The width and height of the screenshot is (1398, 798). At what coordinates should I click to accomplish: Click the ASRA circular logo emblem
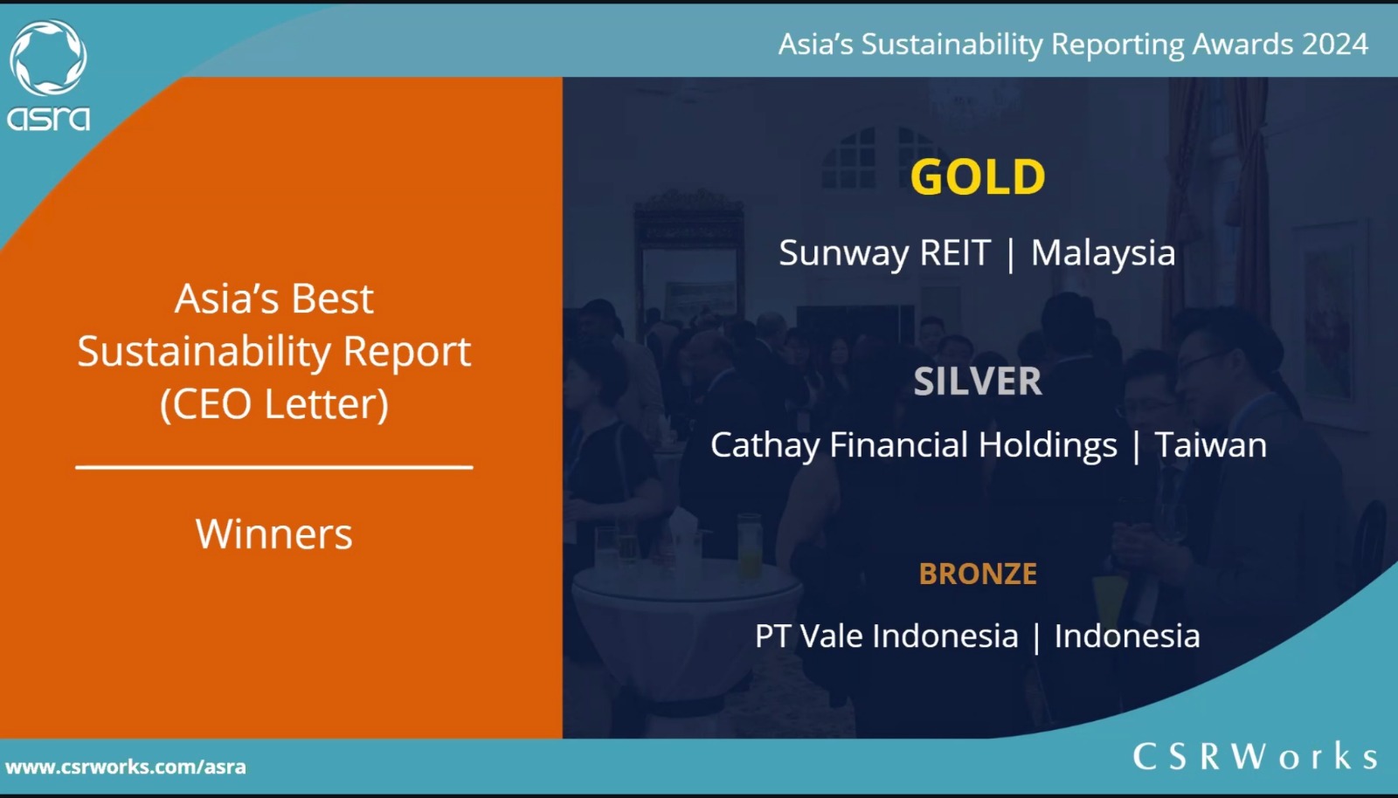(48, 58)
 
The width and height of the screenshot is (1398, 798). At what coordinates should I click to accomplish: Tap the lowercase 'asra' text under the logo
(48, 118)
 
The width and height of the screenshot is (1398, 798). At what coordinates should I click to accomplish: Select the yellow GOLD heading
(978, 177)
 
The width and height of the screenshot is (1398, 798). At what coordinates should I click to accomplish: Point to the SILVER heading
(978, 381)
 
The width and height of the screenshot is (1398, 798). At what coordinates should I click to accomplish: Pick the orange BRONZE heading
(978, 574)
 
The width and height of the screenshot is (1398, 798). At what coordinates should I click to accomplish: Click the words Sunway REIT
(884, 253)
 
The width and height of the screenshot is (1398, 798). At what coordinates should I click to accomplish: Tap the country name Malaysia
(1103, 253)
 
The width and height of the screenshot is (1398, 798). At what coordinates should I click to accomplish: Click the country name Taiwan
(1211, 445)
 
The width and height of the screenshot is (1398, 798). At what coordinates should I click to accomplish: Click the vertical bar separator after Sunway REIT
(1010, 255)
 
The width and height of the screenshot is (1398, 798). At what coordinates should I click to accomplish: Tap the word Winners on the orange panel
(274, 534)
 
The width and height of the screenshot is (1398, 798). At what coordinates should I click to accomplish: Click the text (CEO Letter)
(274, 404)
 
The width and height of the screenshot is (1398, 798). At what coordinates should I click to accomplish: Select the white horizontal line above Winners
(274, 466)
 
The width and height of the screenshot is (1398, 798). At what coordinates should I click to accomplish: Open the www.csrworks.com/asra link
(126, 767)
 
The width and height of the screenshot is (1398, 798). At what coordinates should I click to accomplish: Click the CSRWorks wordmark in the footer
(1255, 756)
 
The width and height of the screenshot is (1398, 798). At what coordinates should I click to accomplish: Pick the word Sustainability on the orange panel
(204, 352)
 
